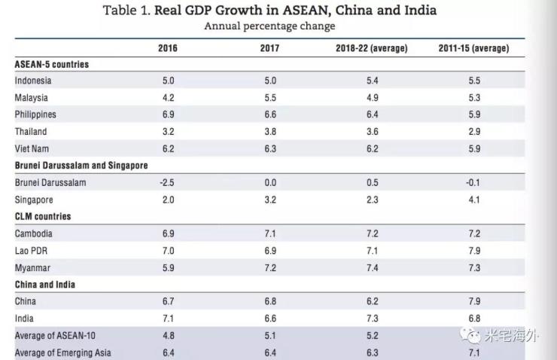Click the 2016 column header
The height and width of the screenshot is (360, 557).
coord(168,48)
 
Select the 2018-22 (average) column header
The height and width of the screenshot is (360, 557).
coord(371,48)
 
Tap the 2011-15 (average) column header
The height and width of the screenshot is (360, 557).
coord(473,48)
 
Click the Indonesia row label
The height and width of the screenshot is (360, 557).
coord(33,81)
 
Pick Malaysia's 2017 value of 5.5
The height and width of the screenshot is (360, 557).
coord(271,98)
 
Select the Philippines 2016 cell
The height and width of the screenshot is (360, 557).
coord(167,114)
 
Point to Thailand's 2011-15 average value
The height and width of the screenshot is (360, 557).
coord(474,132)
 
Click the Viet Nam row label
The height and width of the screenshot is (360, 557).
coord(32,149)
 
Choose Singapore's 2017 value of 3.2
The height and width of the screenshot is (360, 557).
coord(271,200)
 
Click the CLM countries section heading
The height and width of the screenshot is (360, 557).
coord(43,217)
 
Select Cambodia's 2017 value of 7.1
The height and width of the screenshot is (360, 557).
coord(271,233)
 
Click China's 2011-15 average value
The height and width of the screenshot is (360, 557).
coord(474,302)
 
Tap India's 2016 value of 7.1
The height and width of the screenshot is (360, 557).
coord(167,319)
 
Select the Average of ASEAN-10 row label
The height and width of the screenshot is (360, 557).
coord(51,336)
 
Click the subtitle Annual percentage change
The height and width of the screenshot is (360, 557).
coord(269,26)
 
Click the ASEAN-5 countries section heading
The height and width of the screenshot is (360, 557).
coord(52,64)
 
